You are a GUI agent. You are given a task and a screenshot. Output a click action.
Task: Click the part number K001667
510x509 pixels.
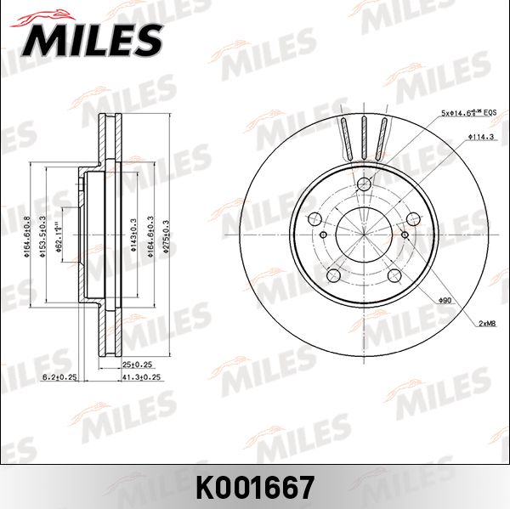255,487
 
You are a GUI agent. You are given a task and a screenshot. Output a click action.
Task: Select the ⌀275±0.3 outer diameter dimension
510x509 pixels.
167,236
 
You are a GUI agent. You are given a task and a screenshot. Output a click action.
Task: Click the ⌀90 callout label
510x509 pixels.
445,300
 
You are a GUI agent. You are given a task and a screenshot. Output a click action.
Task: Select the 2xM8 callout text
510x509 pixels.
487,324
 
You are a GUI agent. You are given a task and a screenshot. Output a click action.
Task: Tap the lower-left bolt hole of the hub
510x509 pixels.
335,274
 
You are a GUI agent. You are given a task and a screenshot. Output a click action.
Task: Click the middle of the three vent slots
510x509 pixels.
364,135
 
